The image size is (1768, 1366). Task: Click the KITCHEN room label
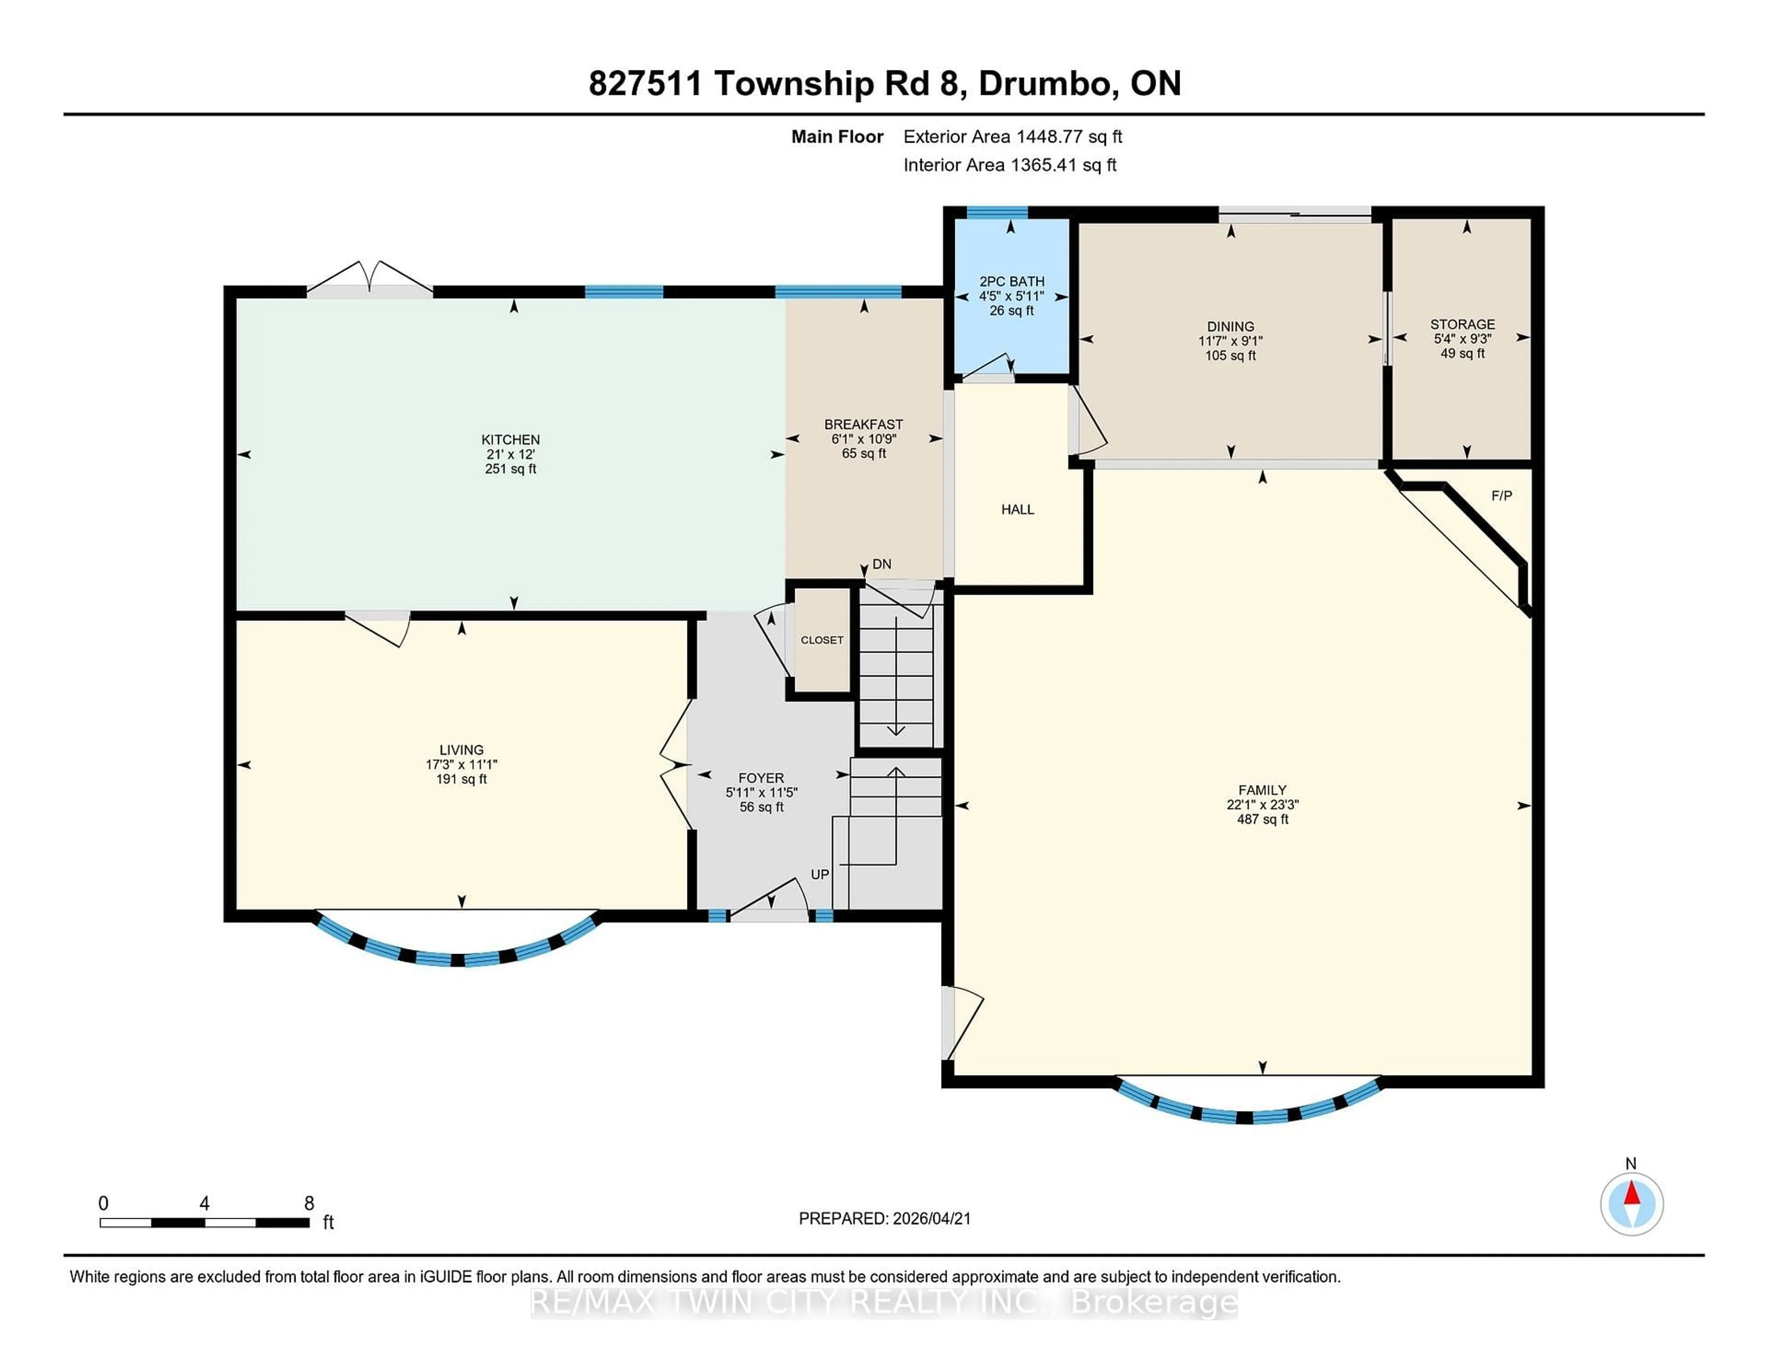point(510,440)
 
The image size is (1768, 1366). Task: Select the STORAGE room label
point(1462,324)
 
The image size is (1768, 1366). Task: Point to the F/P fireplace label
point(1502,495)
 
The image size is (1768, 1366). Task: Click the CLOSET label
point(822,639)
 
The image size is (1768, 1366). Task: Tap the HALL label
point(1018,509)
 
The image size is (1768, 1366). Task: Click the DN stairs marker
point(882,564)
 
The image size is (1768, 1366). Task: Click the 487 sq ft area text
point(1262,819)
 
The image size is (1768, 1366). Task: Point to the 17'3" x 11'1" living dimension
point(461,764)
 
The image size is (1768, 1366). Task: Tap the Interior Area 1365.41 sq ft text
point(1010,165)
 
